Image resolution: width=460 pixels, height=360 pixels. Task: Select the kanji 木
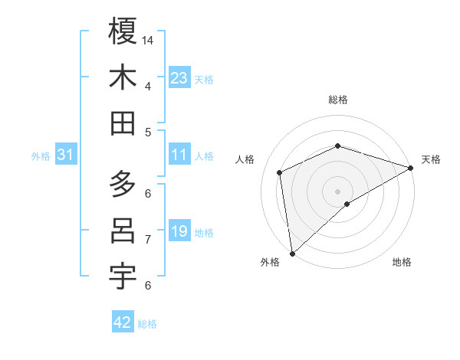(x=123, y=77)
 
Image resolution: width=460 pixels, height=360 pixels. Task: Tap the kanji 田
(x=123, y=124)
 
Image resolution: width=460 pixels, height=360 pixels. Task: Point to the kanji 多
(x=123, y=185)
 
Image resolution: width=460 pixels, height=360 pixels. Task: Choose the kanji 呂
(x=123, y=231)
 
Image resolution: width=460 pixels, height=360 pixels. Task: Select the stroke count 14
(x=149, y=39)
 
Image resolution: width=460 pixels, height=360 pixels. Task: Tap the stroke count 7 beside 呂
(x=147, y=239)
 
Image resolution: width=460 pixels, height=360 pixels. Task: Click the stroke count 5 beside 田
(x=147, y=132)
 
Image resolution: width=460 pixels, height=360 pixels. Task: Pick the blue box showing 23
(x=179, y=78)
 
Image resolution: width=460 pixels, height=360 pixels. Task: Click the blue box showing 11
(x=179, y=155)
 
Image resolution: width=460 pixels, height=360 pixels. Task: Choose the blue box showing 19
(x=179, y=231)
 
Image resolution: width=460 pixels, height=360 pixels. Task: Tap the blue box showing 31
(x=66, y=155)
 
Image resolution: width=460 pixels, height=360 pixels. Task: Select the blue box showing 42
(x=123, y=322)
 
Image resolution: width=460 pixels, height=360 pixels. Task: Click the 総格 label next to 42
(x=147, y=324)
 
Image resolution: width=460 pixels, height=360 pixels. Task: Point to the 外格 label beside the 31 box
(x=41, y=156)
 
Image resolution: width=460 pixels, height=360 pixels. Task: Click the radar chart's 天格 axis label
(x=431, y=159)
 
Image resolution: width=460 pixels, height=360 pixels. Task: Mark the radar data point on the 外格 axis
(x=292, y=254)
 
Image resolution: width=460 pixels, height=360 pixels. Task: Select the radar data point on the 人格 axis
(x=280, y=172)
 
